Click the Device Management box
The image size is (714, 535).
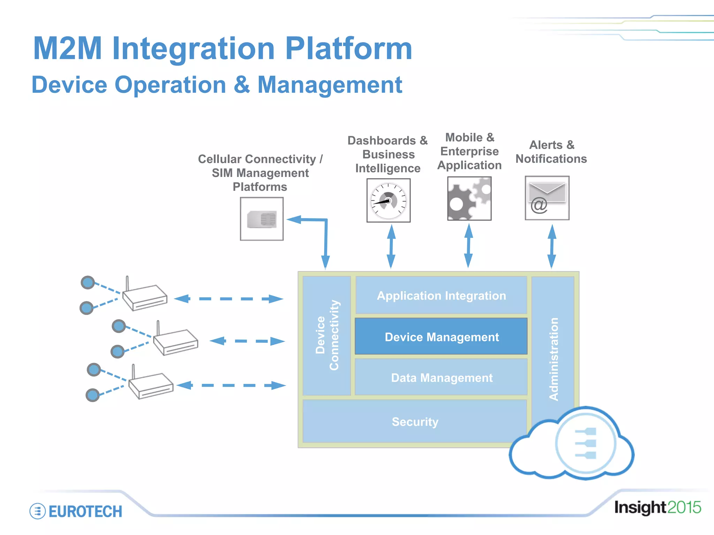tap(441, 336)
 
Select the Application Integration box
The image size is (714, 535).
tap(441, 295)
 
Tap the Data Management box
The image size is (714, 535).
tap(441, 378)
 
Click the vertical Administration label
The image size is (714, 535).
tap(553, 359)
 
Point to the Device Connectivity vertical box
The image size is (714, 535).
tap(327, 335)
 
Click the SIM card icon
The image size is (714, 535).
tap(262, 219)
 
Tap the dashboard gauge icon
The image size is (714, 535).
tap(388, 201)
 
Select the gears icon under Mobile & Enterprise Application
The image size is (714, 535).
tap(469, 199)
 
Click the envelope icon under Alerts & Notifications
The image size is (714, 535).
tap(547, 198)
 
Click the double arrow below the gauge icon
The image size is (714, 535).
tap(391, 246)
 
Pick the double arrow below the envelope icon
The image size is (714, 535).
tap(552, 246)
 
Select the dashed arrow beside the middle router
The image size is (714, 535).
tap(247, 341)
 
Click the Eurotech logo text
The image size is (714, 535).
tap(85, 511)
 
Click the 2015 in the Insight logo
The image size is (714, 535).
tap(684, 507)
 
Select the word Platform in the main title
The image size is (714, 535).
tap(349, 49)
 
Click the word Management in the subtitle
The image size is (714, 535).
tap(329, 85)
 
